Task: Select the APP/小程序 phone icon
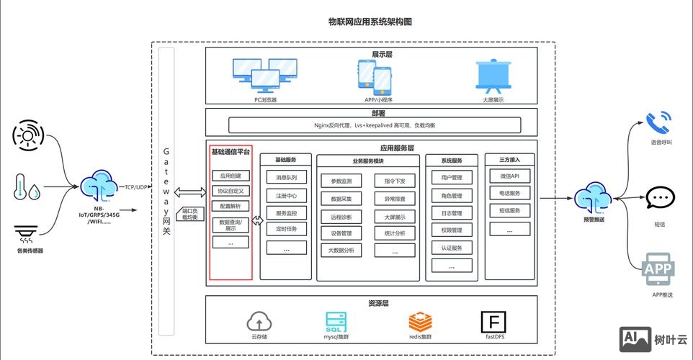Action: tap(374, 76)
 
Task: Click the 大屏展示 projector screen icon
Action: tap(493, 75)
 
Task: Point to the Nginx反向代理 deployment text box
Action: tap(375, 125)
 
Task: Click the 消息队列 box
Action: tap(286, 177)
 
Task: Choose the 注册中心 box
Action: tap(286, 195)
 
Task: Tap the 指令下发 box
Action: tap(394, 181)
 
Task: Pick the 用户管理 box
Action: tap(452, 177)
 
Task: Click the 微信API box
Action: tap(509, 176)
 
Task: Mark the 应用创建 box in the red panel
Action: tap(230, 176)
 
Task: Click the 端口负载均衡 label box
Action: tap(189, 214)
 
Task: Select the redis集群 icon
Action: tap(420, 320)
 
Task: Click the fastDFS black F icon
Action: tap(494, 321)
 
